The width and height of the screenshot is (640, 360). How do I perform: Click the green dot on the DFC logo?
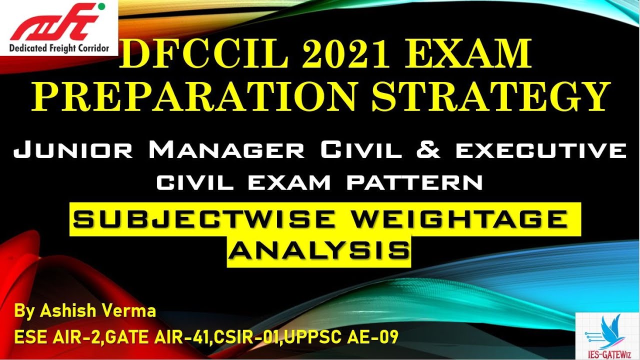101,7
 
